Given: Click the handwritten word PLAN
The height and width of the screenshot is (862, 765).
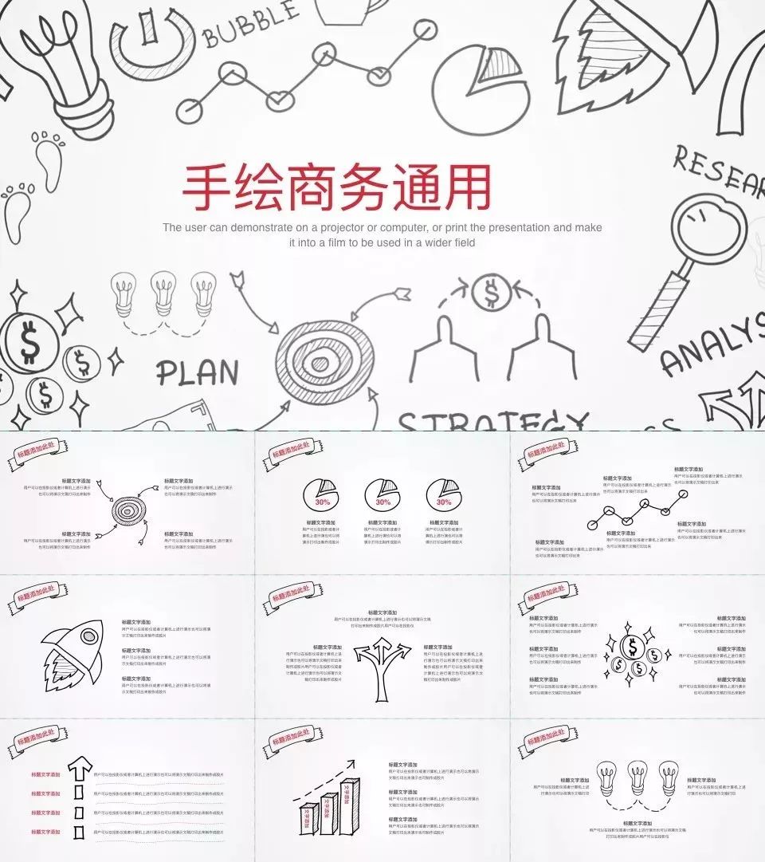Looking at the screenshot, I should [x=197, y=373].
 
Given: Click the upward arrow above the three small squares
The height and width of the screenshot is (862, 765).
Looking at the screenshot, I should [x=80, y=770].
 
